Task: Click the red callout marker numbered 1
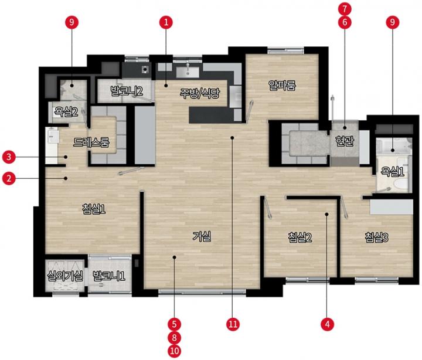click(166, 22)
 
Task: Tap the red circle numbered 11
click(233, 324)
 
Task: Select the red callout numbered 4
click(327, 324)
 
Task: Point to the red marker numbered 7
click(345, 9)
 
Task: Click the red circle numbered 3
click(9, 157)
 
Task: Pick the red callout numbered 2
click(9, 178)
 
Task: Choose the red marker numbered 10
click(175, 351)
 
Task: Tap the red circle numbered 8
click(175, 337)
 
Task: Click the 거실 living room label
click(202, 236)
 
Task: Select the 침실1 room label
click(94, 209)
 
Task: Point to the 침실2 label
click(300, 237)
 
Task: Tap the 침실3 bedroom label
click(376, 237)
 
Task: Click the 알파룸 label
click(282, 85)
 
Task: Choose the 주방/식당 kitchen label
click(200, 93)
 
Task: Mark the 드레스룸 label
click(91, 142)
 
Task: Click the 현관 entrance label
click(345, 141)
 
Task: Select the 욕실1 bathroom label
click(392, 171)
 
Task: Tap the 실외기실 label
click(65, 276)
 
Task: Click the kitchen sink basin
click(188, 72)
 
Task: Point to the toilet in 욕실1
click(400, 185)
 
